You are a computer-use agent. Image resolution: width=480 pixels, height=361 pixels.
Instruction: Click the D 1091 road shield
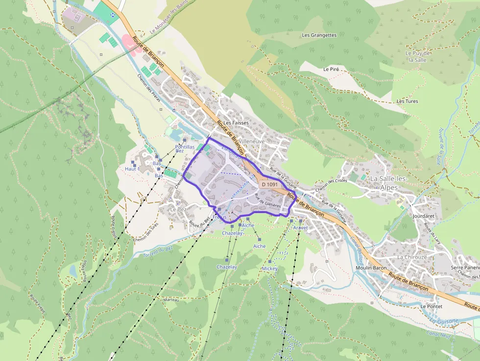[x=269, y=185]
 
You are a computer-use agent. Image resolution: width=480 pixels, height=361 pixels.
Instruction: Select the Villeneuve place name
[x=252, y=141]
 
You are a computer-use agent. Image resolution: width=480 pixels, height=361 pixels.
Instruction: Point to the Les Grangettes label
[x=319, y=35]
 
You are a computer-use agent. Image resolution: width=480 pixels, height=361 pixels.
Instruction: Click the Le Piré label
[x=331, y=70]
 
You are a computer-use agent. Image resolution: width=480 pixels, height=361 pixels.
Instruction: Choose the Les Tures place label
[x=408, y=101]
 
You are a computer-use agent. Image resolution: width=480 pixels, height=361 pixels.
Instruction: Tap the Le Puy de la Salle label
[x=418, y=56]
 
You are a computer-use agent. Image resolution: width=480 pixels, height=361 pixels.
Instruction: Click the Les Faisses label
[x=236, y=123]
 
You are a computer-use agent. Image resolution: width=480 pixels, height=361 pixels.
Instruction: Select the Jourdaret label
[x=424, y=216]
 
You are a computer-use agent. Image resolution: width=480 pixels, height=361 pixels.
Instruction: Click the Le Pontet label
[x=432, y=306]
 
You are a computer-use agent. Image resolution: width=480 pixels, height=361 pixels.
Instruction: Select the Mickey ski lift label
[x=269, y=268]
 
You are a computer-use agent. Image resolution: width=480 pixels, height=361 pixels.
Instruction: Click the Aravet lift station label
[x=300, y=228]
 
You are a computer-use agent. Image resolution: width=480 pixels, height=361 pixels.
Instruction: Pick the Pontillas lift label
[x=185, y=147]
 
